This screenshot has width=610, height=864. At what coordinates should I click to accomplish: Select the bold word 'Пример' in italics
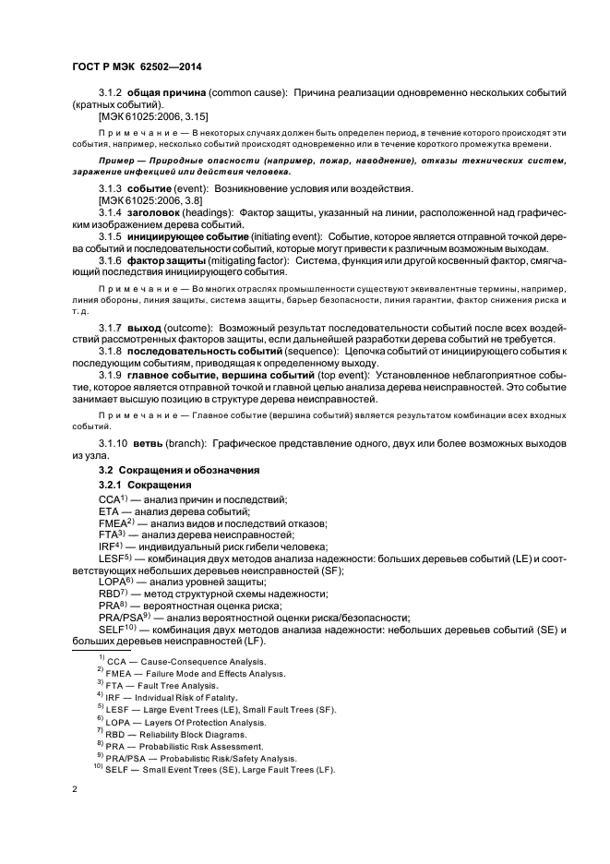(119, 162)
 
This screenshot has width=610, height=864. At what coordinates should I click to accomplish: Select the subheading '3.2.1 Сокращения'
(145, 486)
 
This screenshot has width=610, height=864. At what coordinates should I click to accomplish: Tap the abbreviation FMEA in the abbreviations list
(114, 523)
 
